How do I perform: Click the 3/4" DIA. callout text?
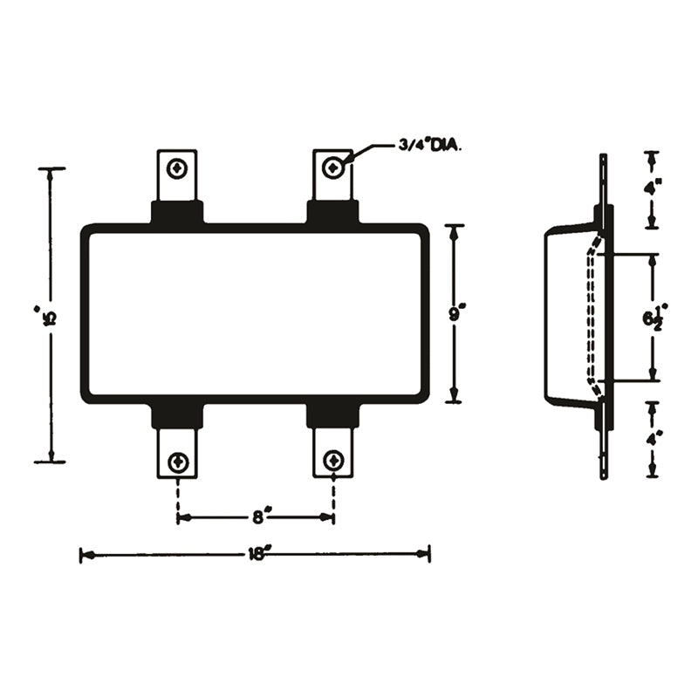[429, 146]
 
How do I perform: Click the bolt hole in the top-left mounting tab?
[178, 167]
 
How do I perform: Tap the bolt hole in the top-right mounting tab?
[333, 167]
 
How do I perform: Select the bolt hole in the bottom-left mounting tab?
[178, 461]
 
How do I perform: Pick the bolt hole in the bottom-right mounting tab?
[333, 461]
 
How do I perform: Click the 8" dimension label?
[258, 517]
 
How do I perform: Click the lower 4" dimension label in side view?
[652, 441]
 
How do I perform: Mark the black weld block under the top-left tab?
[178, 212]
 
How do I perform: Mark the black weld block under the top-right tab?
[332, 212]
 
